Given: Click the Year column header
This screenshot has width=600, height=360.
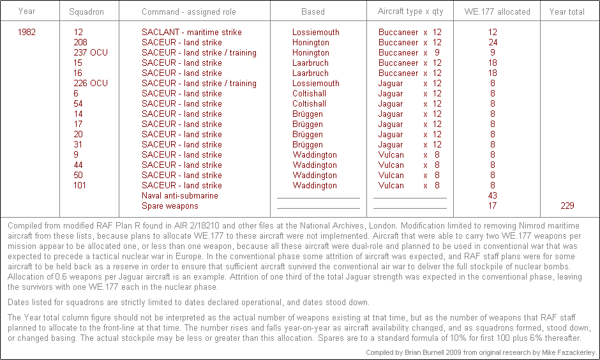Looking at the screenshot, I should pos(27,11).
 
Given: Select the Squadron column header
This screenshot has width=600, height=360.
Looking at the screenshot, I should pos(86,11).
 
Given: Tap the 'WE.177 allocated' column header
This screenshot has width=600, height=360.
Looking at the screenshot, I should pos(492,11).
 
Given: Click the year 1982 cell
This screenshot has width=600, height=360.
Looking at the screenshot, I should pos(27,32).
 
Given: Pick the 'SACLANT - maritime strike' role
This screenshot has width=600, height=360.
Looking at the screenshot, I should pos(191,32).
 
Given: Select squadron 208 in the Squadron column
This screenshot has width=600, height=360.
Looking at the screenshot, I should pos(80,42).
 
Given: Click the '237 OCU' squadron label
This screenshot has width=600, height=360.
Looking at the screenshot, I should pos(91,52).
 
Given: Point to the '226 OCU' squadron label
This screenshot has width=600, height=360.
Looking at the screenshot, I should pos(91,83).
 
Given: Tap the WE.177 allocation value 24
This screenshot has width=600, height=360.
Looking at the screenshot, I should pos(493,42).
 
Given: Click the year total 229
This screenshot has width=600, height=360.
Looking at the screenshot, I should pos(567,206).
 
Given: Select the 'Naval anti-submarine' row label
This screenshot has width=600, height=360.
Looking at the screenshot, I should pos(180,195).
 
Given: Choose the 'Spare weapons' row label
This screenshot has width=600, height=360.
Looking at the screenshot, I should pos(170,206).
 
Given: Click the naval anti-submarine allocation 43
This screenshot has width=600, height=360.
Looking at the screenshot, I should pos(493,195).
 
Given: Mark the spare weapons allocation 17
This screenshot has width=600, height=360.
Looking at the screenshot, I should pos(493,206).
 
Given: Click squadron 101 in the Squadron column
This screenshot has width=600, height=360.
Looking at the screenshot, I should pos(80,185).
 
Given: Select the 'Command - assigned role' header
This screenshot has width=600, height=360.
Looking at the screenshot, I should pos(189,11).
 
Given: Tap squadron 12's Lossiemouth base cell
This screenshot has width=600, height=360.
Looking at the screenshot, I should pos(316,32).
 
